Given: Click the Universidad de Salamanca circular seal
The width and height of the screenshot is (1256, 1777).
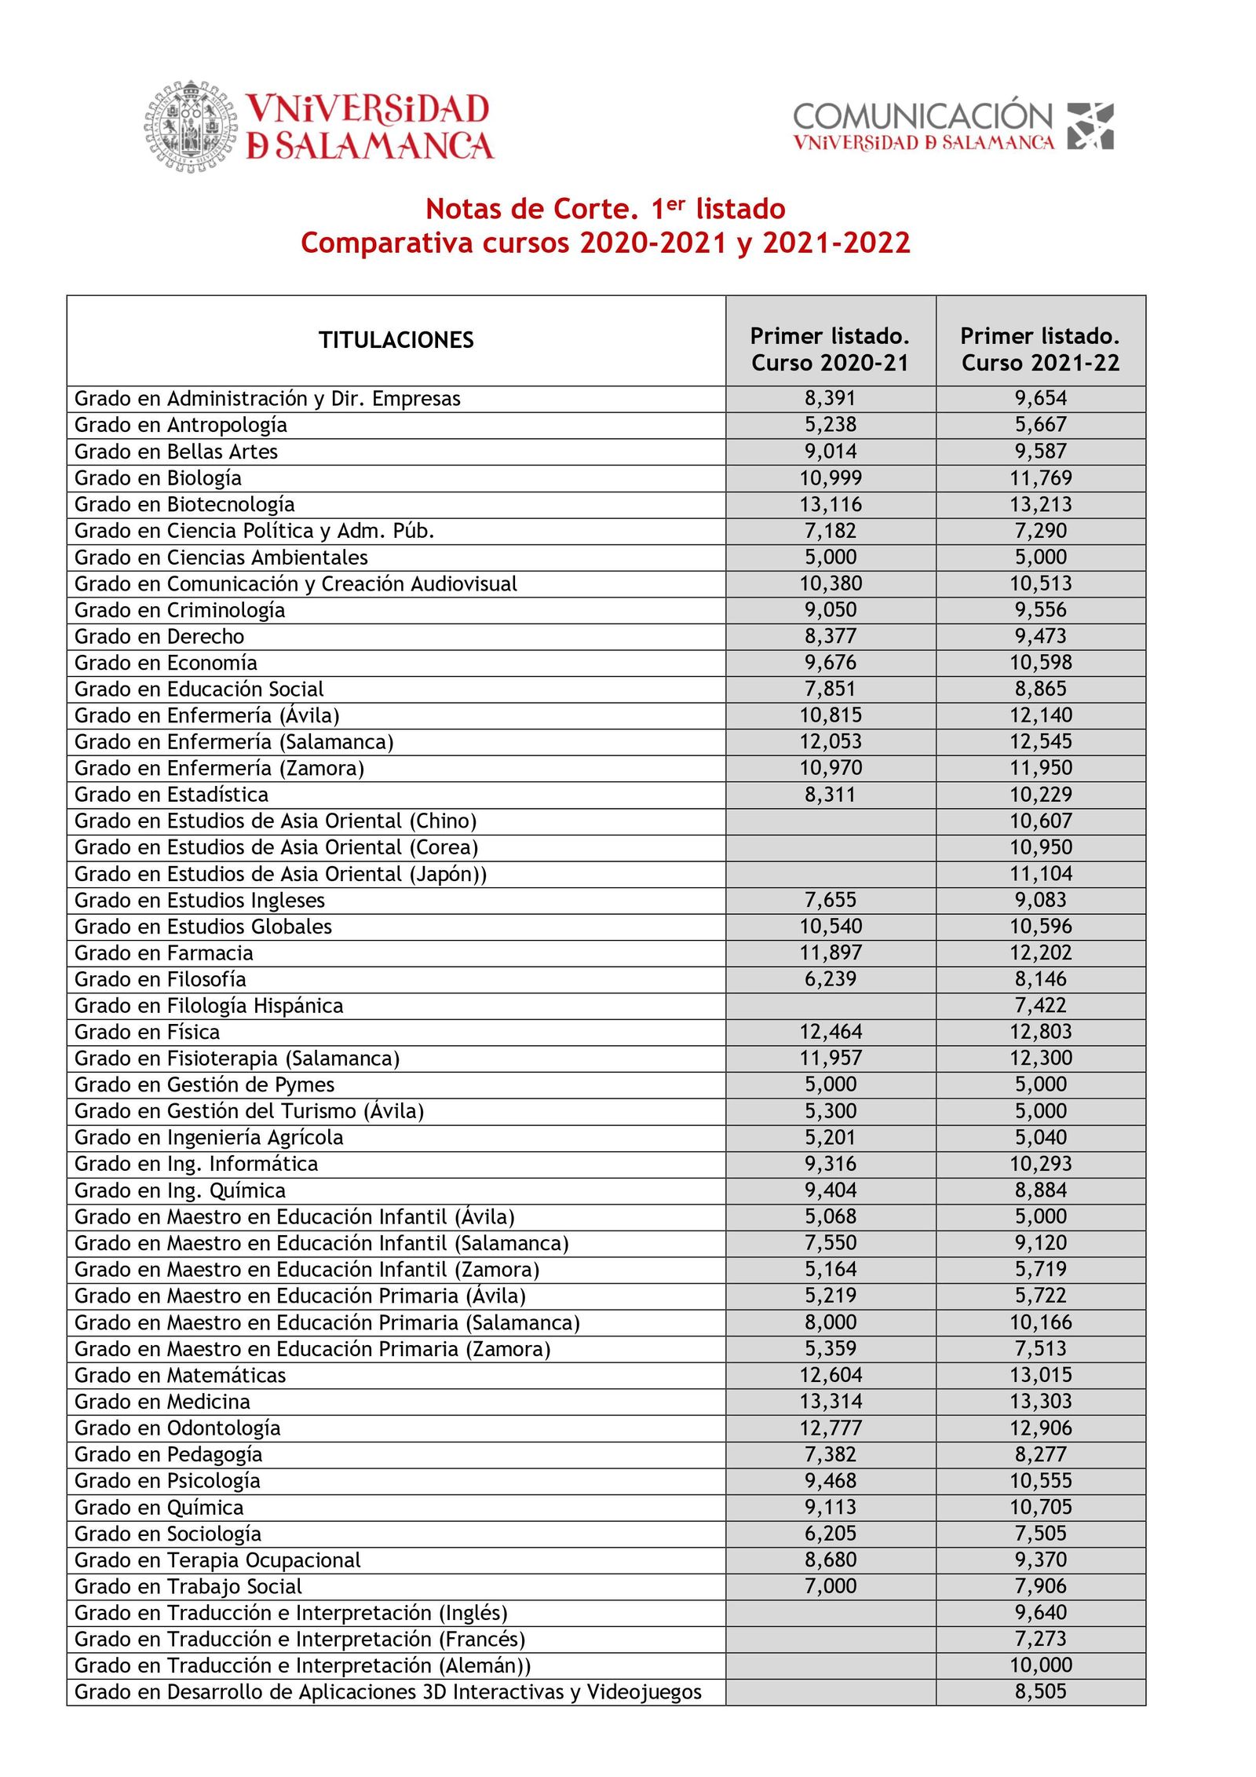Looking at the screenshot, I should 191,126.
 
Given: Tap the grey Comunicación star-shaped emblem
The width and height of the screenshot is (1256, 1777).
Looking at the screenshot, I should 1090,126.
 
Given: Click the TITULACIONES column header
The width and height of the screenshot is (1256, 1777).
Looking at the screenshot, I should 396,340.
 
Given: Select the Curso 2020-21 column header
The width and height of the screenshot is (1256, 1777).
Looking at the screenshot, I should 830,349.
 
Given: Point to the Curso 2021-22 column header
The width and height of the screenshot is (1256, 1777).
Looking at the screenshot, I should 1040,349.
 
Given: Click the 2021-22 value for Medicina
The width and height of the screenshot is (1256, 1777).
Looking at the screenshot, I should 1040,1401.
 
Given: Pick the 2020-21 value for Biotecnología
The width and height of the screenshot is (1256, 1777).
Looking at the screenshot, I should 831,504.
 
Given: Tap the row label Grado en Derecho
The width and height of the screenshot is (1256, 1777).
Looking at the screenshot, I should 159,636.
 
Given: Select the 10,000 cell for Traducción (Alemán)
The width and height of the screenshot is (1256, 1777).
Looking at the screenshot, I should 1040,1665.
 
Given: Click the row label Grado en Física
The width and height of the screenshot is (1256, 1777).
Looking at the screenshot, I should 147,1032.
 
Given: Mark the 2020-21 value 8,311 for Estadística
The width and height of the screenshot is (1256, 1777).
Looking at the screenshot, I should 831,795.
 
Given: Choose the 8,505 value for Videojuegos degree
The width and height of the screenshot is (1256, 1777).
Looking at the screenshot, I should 1040,1691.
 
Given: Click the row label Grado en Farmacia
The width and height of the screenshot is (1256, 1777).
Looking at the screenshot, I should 163,953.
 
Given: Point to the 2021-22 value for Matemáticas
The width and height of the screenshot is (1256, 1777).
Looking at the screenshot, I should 1040,1375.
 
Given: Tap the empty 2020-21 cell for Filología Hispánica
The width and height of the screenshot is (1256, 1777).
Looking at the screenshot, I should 831,1006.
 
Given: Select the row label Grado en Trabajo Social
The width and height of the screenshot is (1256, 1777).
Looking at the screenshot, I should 188,1586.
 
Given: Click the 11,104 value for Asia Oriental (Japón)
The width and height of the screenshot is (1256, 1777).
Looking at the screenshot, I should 1040,874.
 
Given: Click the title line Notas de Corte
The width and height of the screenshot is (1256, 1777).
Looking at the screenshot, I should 605,209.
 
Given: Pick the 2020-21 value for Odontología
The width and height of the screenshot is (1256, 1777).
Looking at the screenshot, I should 831,1428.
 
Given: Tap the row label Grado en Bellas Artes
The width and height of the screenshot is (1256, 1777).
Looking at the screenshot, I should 176,452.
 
